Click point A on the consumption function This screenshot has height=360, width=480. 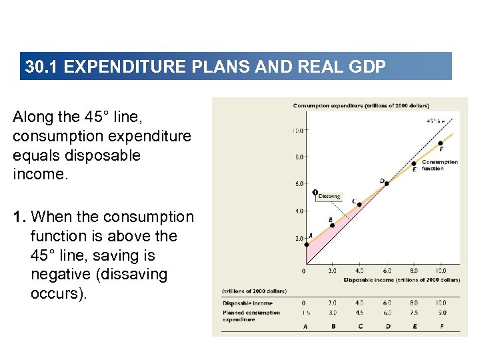click(305, 244)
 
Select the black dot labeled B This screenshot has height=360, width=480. click(332, 225)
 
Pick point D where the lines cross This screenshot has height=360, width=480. click(387, 183)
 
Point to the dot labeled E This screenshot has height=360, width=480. click(413, 163)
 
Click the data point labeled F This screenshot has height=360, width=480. click(441, 143)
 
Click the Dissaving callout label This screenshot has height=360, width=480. click(329, 197)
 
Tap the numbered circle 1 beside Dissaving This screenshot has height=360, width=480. click(315, 193)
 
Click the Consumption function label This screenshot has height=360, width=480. click(439, 165)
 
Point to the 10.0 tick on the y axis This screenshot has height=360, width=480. click(297, 130)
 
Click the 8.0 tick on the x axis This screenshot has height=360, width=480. click(413, 271)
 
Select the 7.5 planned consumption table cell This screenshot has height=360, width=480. click(414, 312)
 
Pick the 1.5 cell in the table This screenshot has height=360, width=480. click(305, 312)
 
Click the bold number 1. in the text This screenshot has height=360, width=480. click(20, 217)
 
